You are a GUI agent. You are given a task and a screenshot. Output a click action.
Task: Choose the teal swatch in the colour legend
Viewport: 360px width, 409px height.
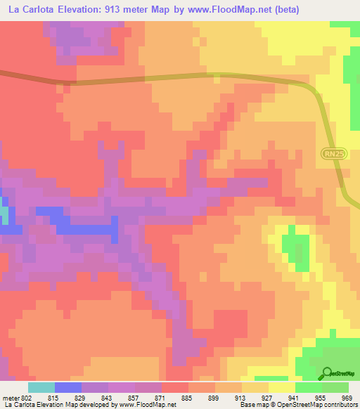pyautogui.click(x=41, y=387)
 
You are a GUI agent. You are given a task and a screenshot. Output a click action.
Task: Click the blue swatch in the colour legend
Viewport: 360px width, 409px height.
pyautogui.click(x=68, y=387)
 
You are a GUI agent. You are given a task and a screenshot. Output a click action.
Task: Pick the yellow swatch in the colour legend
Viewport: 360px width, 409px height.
pyautogui.click(x=282, y=387)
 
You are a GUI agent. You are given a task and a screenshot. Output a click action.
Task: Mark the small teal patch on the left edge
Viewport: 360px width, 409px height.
pyautogui.click(x=4, y=215)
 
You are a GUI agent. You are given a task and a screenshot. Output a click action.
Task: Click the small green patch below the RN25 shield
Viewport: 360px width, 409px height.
pyautogui.click(x=295, y=249)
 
